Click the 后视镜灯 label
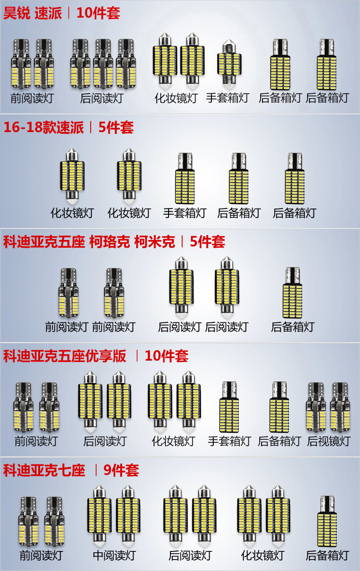[x=329, y=441]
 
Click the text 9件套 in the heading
[x=121, y=470]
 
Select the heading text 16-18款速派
[x=44, y=127]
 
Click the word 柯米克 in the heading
[x=154, y=241]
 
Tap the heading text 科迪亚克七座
[x=44, y=470]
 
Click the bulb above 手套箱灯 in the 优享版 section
[x=229, y=407]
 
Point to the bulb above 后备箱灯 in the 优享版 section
[x=279, y=407]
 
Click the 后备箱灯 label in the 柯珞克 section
[x=293, y=326]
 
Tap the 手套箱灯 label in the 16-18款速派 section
[x=185, y=213]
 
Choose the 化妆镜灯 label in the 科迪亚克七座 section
[x=262, y=555]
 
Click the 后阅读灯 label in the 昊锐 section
[x=101, y=98]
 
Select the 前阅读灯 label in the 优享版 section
[x=36, y=441]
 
